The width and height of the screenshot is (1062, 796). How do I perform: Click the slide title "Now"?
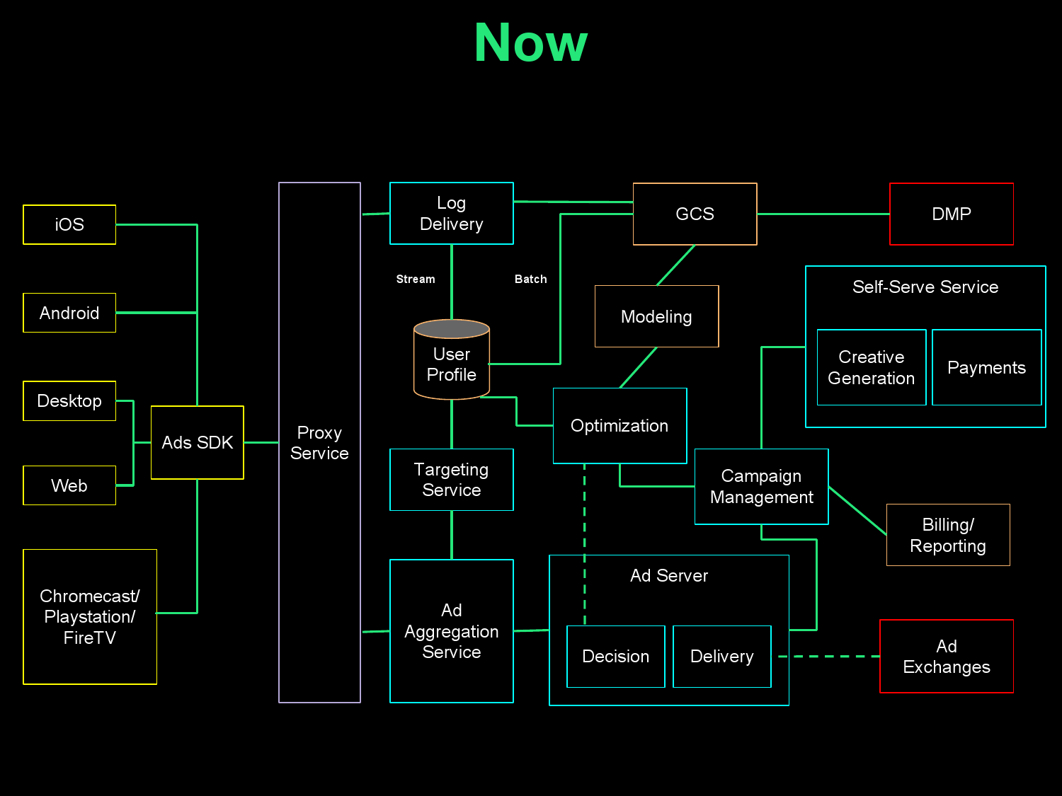530,43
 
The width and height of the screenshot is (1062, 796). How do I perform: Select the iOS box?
69,224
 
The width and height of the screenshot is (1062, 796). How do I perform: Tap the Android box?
69,313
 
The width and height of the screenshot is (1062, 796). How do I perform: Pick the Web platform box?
69,485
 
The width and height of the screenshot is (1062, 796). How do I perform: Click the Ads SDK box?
197,442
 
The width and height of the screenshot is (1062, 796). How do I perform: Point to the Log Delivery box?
451,214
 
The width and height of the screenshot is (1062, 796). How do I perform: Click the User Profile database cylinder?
452,361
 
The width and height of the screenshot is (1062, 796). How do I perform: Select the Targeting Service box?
451,480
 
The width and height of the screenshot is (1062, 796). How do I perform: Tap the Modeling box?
656,316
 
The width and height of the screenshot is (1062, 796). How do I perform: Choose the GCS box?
695,214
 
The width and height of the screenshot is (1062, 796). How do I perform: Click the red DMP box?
951,214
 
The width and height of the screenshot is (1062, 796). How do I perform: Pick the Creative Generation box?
871,367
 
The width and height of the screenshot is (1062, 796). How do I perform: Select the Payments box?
986,367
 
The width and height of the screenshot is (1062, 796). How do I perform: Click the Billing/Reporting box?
947,535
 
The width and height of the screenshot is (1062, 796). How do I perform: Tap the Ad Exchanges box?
946,656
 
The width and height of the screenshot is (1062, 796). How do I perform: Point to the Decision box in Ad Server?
615,656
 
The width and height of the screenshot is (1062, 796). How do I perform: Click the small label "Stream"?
416,279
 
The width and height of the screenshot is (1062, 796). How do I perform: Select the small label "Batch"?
530,279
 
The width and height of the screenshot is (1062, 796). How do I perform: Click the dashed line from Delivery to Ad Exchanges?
828,657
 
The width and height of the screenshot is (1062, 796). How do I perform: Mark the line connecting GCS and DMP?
823,214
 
